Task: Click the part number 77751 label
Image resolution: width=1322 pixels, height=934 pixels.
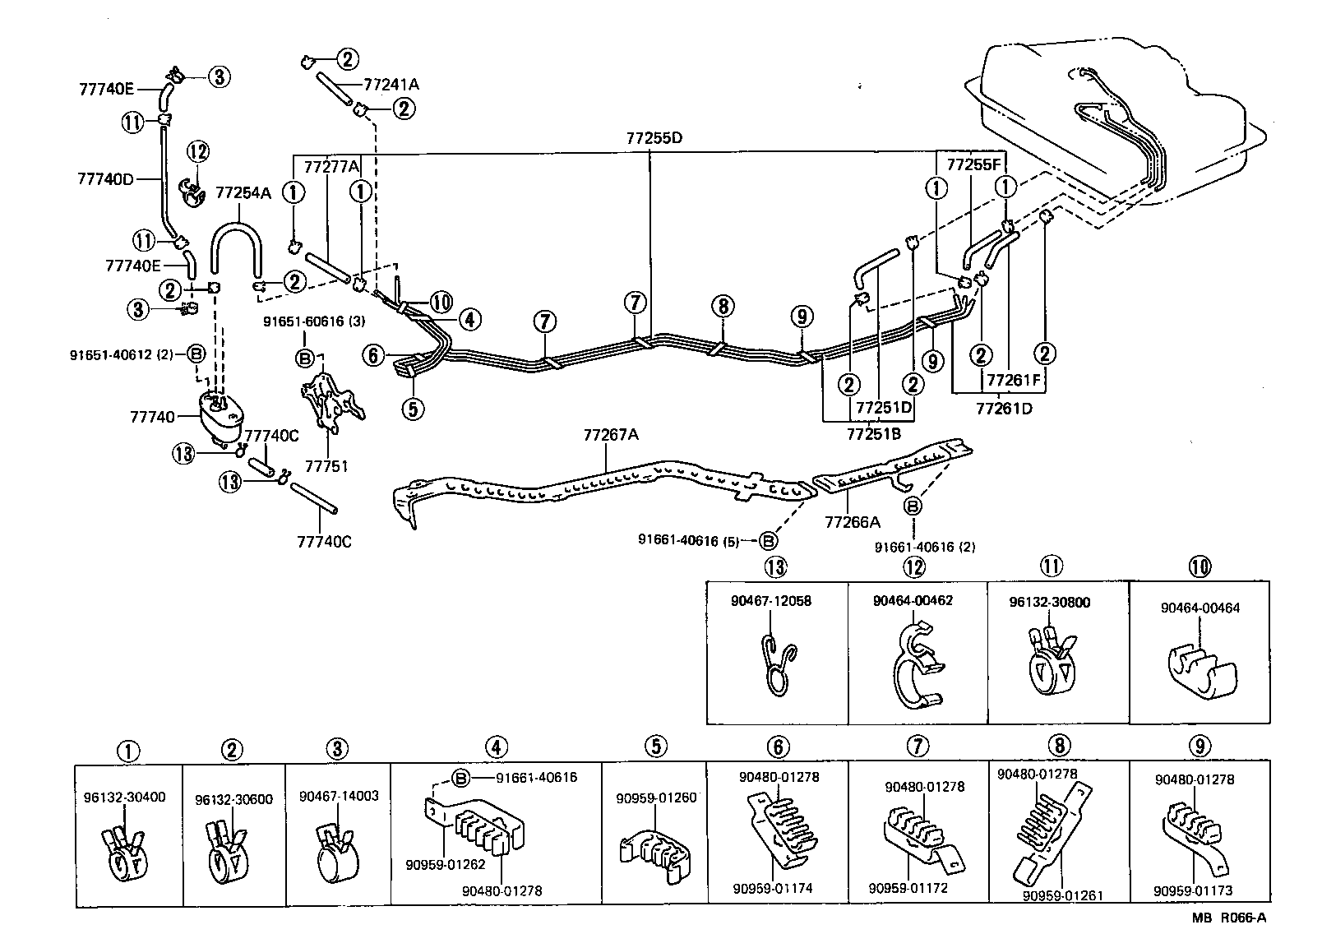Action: coord(326,466)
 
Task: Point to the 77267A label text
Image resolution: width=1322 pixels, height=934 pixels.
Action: coord(610,435)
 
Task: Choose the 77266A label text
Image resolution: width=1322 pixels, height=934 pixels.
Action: coord(852,521)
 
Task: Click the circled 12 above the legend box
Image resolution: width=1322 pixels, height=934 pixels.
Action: coord(913,566)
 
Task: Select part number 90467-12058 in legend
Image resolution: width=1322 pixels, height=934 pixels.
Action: coord(770,601)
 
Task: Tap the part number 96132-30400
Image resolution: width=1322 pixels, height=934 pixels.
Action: coord(124,797)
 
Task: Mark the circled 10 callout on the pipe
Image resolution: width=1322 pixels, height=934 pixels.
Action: coord(441,302)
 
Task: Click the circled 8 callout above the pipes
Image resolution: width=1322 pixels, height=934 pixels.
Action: coord(721,307)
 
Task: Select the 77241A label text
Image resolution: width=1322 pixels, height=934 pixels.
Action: coord(391,84)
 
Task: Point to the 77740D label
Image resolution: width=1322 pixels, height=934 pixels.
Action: coord(105,178)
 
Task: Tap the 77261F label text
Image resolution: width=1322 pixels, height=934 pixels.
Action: coord(1014,381)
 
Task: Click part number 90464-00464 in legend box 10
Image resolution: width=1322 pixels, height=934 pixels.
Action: coord(1200,608)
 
